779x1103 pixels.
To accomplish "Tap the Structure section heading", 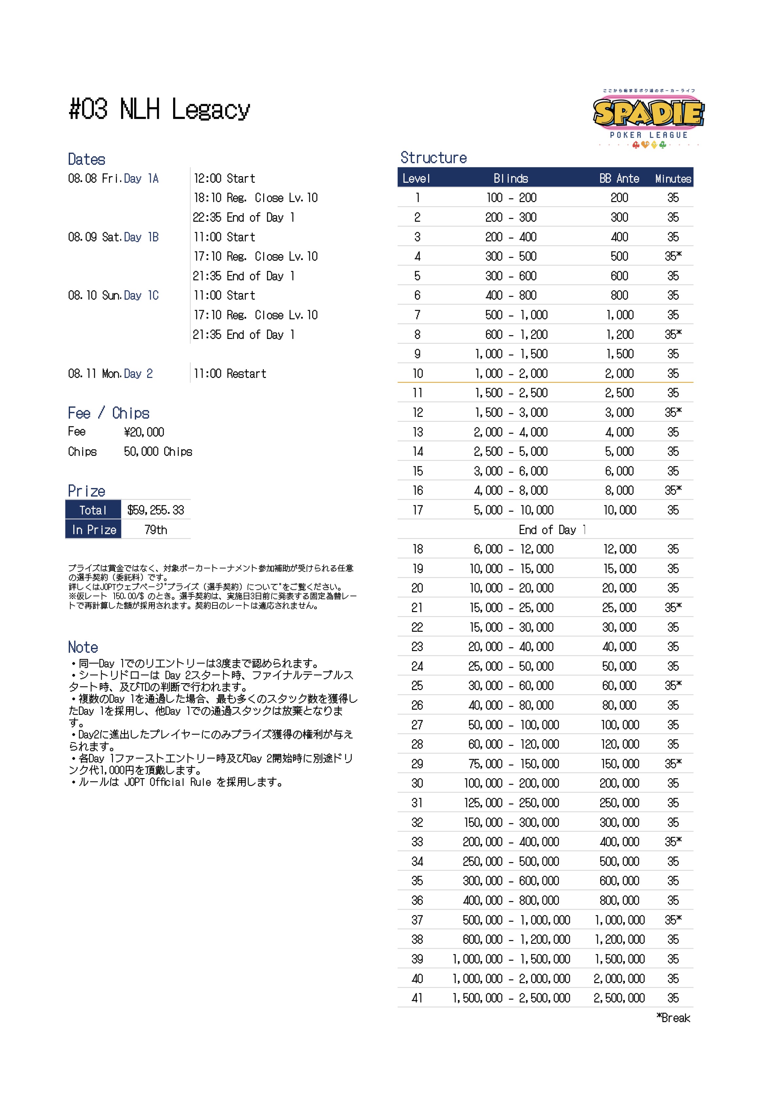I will click(433, 158).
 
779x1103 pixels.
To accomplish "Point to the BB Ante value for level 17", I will click(620, 510).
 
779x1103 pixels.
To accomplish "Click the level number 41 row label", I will click(417, 998).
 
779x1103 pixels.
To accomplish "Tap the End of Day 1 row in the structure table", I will click(552, 530).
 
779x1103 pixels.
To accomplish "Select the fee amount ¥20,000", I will click(144, 432).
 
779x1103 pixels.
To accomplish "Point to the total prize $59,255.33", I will click(155, 510).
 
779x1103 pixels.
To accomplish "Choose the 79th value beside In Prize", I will click(155, 530).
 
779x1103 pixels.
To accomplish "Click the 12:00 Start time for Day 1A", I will click(224, 179).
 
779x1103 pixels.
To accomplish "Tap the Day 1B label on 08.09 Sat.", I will click(141, 237).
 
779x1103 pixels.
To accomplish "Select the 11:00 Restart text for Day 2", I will click(229, 374).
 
